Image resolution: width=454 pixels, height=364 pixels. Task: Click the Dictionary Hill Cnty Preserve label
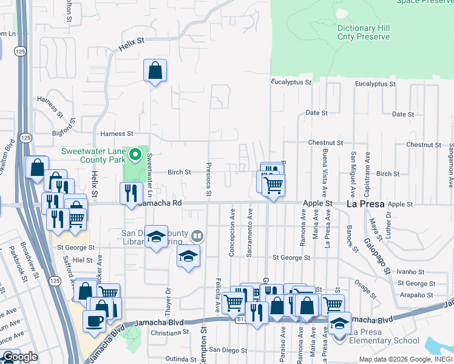[x=363, y=33]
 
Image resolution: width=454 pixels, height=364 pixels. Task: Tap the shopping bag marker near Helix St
[x=155, y=70]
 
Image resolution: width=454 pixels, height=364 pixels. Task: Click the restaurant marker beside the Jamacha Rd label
[x=131, y=194]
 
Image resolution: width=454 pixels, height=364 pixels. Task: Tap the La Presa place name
[x=365, y=204]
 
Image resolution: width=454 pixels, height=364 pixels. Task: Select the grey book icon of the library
[x=197, y=236]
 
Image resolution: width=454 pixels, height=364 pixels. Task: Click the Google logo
[x=20, y=357]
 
